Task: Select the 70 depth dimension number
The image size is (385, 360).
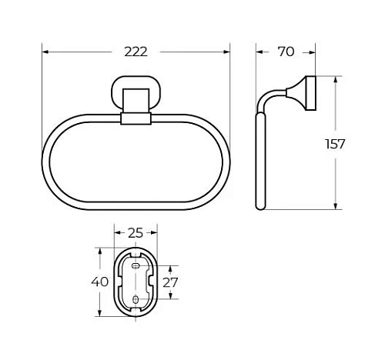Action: (x=285, y=52)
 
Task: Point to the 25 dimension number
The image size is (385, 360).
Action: (x=136, y=232)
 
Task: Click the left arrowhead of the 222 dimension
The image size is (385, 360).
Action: (x=45, y=52)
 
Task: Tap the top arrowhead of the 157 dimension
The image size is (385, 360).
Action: (x=336, y=79)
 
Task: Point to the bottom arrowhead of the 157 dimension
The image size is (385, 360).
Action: (x=336, y=205)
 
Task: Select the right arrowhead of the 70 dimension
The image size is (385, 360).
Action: (x=310, y=52)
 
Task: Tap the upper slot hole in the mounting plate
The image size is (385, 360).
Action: (x=136, y=265)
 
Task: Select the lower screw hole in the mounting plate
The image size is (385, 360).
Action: (x=136, y=298)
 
